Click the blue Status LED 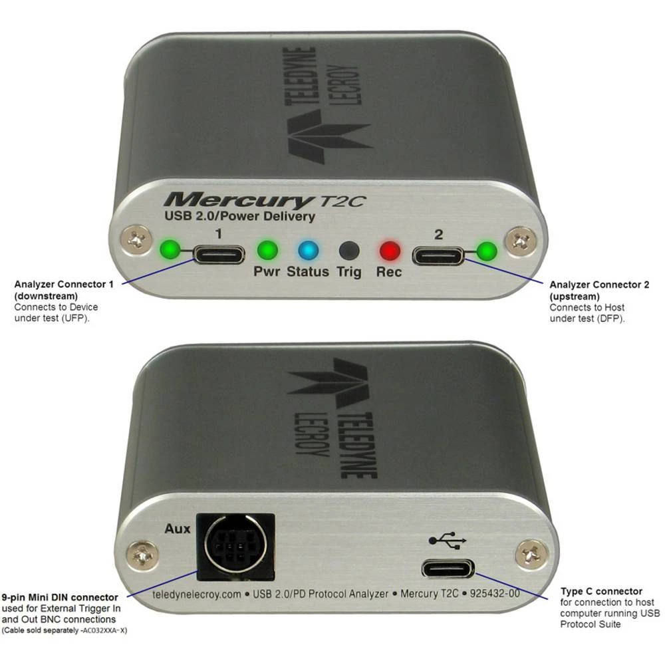(x=309, y=251)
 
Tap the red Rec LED (x=389, y=251)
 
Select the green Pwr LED (x=267, y=251)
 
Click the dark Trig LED (x=349, y=251)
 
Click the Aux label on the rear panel (x=177, y=529)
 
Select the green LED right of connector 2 (x=488, y=251)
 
